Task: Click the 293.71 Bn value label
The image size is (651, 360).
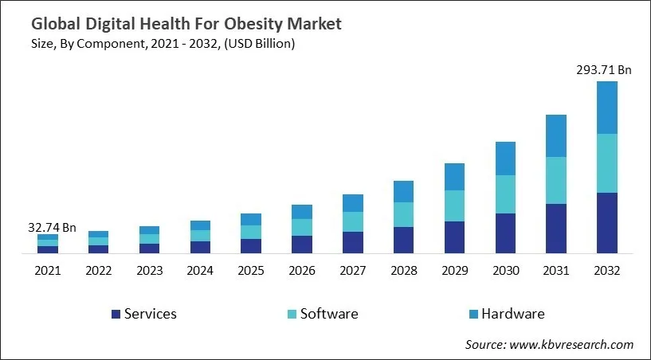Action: [x=603, y=70]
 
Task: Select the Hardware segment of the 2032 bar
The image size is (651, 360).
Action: [x=606, y=108]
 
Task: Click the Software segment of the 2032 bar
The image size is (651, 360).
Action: [x=606, y=163]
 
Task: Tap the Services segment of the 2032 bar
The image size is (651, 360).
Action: [x=606, y=223]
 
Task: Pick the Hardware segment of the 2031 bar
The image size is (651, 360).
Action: [x=555, y=136]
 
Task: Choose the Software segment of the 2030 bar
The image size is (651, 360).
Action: [x=504, y=194]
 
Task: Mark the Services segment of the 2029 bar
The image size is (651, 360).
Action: [x=454, y=237]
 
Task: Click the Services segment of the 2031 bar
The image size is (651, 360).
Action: [x=555, y=229]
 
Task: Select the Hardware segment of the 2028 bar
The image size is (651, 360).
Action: [x=403, y=191]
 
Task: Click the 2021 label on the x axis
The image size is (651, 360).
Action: [x=47, y=271]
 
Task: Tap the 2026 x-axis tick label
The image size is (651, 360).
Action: [x=302, y=271]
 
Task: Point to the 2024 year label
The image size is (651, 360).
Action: [x=200, y=271]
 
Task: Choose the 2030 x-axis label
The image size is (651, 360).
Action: [x=505, y=271]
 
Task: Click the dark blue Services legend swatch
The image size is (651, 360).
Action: [x=116, y=314]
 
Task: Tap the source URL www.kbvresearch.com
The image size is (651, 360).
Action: [x=573, y=344]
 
